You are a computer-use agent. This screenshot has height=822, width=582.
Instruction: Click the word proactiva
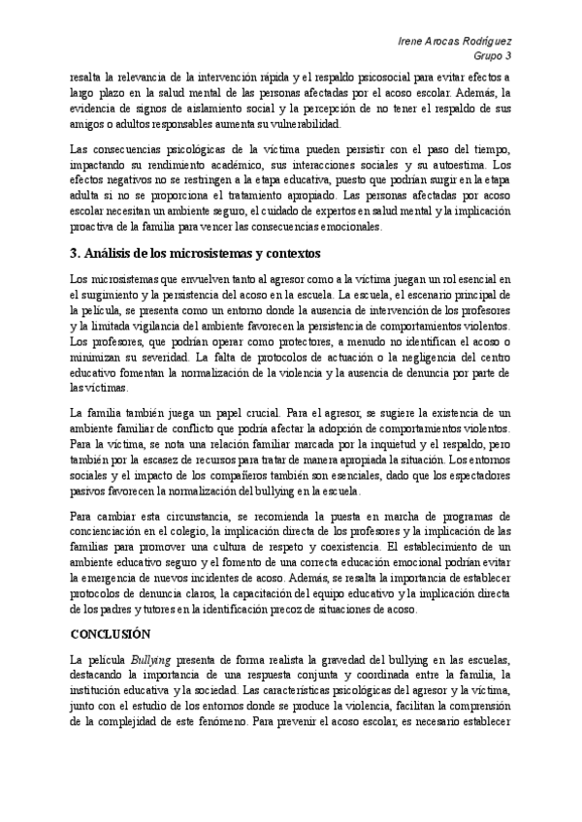[99, 228]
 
